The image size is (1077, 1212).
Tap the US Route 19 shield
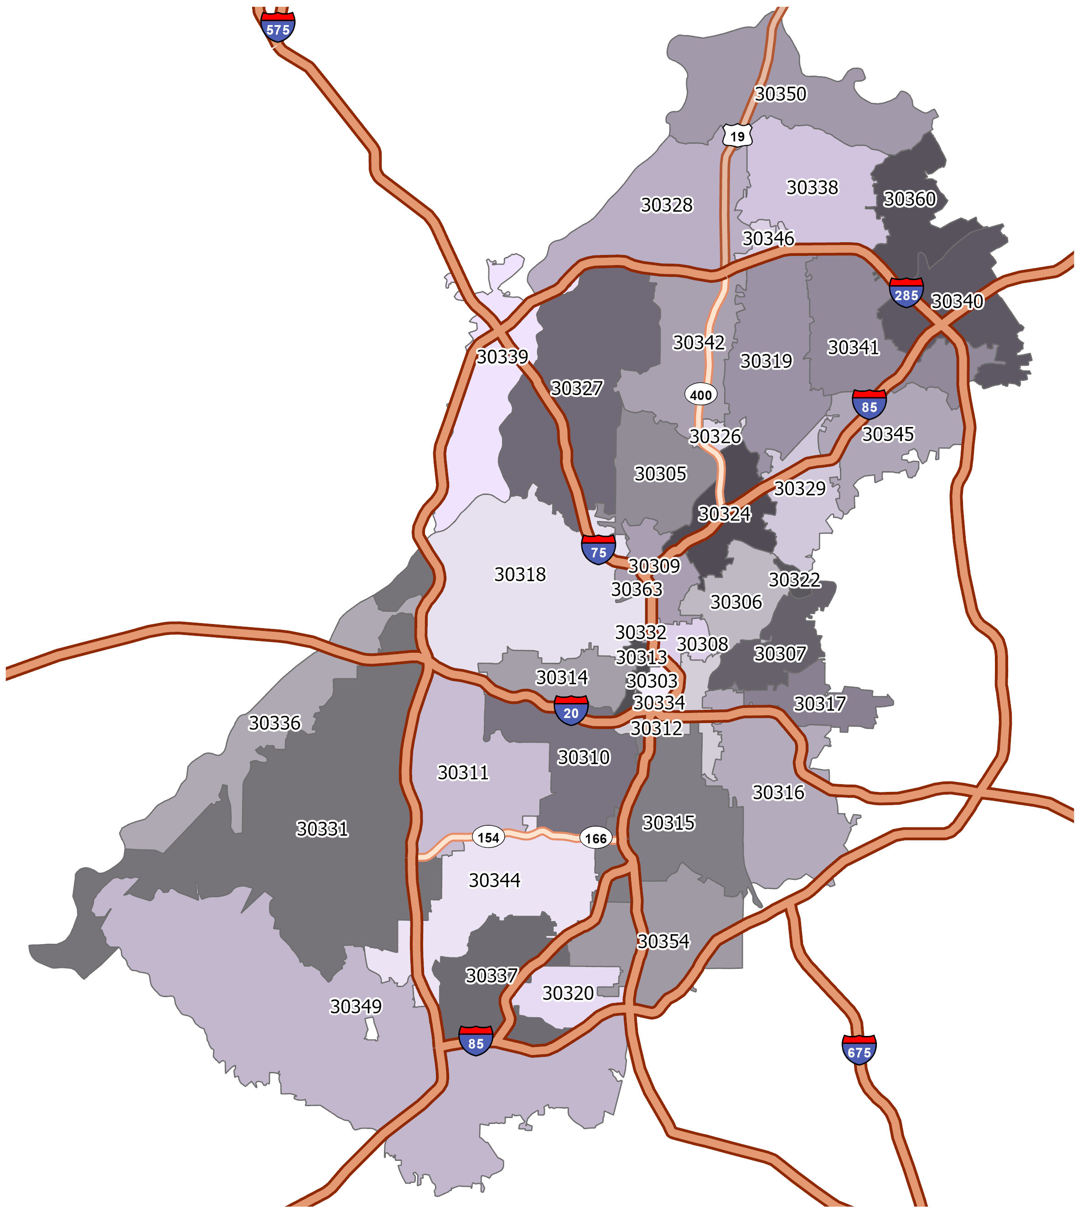[x=737, y=136]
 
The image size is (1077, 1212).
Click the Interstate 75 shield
[x=598, y=550]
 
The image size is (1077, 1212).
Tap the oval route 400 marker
[x=701, y=395]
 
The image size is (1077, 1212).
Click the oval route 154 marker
[x=488, y=837]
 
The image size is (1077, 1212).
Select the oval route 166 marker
[x=595, y=838]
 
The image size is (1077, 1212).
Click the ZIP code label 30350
[x=780, y=94]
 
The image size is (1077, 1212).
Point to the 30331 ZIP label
[x=322, y=828]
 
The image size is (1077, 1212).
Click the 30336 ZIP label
[x=274, y=723]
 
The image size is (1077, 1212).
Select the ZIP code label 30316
[x=778, y=792]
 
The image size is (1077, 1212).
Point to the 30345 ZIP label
[x=887, y=434]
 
